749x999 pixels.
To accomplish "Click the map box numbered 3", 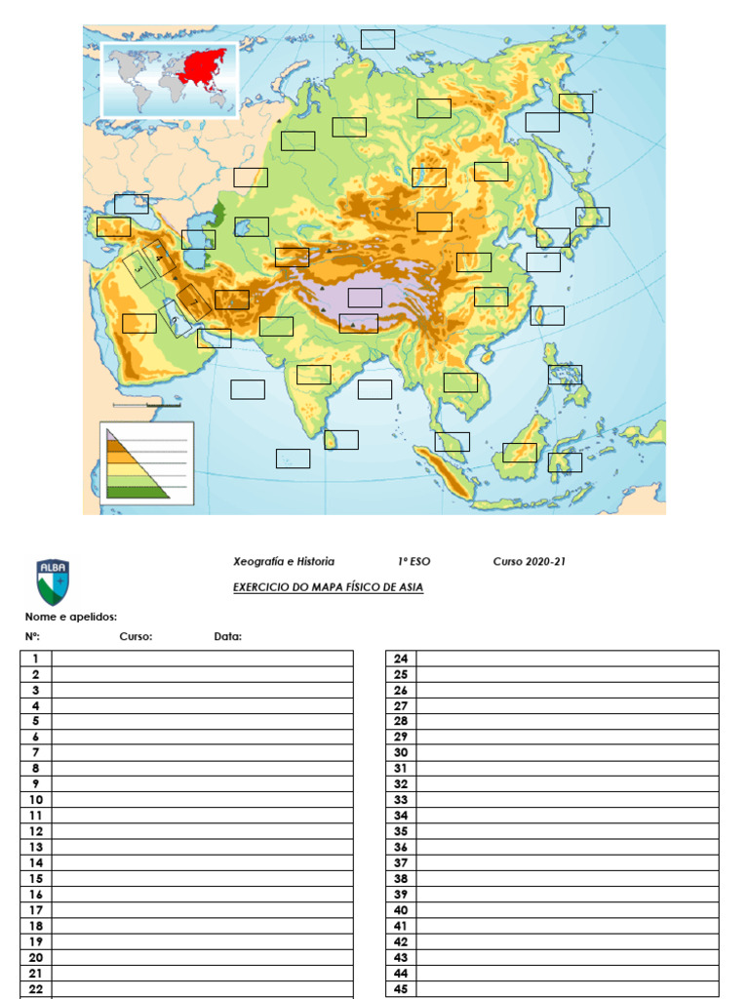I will coord(139,268).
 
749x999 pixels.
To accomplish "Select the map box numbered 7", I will coord(194,301).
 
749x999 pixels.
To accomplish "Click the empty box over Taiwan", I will coord(547,315).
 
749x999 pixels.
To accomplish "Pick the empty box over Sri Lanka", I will coord(341,440).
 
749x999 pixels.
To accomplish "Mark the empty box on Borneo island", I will coord(520,452).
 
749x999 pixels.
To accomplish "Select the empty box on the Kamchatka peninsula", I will coord(575,102).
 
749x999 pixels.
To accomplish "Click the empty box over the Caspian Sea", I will coord(198,239).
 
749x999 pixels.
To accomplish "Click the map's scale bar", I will coord(146,403).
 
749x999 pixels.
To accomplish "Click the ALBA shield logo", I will coord(53,581).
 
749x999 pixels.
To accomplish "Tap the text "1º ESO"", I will coord(414,562).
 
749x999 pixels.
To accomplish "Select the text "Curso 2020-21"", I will coord(529,562).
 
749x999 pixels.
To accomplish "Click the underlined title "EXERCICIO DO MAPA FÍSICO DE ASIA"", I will coord(328,587).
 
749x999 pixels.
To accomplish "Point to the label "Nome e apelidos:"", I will coord(71,617).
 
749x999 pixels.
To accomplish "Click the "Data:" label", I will coord(228,637).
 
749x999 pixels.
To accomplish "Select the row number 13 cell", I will coord(35,847).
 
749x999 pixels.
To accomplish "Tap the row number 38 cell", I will coord(400,878).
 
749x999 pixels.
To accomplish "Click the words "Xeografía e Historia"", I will coord(284,562).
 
